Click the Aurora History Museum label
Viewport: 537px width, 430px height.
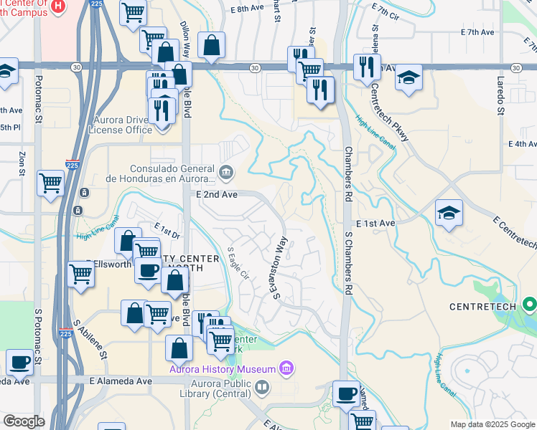(x=223, y=369)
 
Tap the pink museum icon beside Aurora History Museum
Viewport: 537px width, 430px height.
(x=286, y=368)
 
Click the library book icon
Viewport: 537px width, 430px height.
(x=263, y=388)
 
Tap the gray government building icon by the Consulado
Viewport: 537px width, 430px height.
(x=227, y=171)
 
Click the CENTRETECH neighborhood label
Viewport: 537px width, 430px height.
(x=482, y=307)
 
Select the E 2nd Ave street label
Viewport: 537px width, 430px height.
(x=216, y=194)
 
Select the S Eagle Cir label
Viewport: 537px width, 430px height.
(x=238, y=264)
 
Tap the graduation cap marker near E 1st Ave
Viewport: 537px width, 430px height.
(x=449, y=213)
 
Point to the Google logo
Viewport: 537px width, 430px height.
(x=24, y=421)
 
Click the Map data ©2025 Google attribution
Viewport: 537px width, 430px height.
(x=491, y=424)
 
